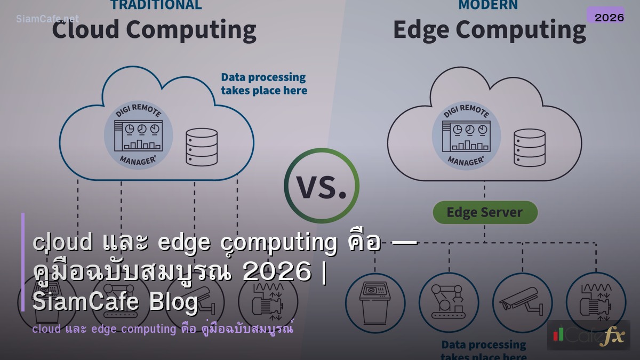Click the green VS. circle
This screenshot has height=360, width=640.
coord(321,186)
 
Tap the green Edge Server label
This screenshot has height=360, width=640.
coord(484,212)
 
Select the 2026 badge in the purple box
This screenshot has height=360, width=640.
coord(609,17)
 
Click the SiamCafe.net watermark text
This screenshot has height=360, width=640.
coord(47,19)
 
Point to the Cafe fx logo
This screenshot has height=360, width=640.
coord(588,335)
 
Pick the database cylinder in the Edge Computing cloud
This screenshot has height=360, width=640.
coord(529,147)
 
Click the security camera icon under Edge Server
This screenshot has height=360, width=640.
coord(522,302)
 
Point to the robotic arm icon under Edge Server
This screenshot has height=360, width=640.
coord(449,302)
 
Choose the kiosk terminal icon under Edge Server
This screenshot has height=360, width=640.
coord(375,302)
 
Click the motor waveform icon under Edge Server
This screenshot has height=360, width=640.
coord(595,302)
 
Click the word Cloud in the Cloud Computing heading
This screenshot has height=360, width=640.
coord(85,29)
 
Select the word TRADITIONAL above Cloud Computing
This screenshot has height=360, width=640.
coord(156,5)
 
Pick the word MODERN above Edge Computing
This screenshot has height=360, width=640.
coord(487,5)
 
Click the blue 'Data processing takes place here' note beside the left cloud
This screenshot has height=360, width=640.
coord(264,84)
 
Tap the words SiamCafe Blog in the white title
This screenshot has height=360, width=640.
coord(115,302)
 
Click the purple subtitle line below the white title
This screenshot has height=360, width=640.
coord(163,329)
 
